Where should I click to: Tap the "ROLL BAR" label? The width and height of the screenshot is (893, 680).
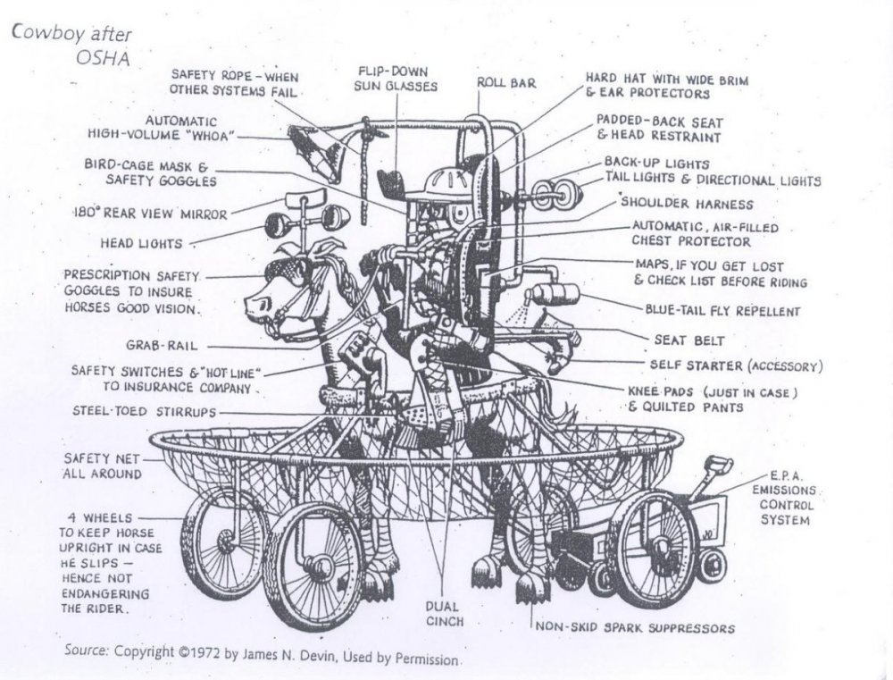[x=505, y=83]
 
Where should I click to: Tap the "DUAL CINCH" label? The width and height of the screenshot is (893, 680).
[x=442, y=613]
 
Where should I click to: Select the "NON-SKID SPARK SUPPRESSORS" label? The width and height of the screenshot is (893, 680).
[x=635, y=627]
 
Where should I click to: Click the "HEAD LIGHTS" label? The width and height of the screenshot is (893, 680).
[x=141, y=243]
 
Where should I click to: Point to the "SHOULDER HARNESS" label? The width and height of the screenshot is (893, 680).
[x=687, y=205]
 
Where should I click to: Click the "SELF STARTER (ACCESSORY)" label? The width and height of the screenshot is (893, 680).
[x=736, y=366]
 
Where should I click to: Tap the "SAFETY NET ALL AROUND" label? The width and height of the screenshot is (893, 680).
[x=101, y=466]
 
